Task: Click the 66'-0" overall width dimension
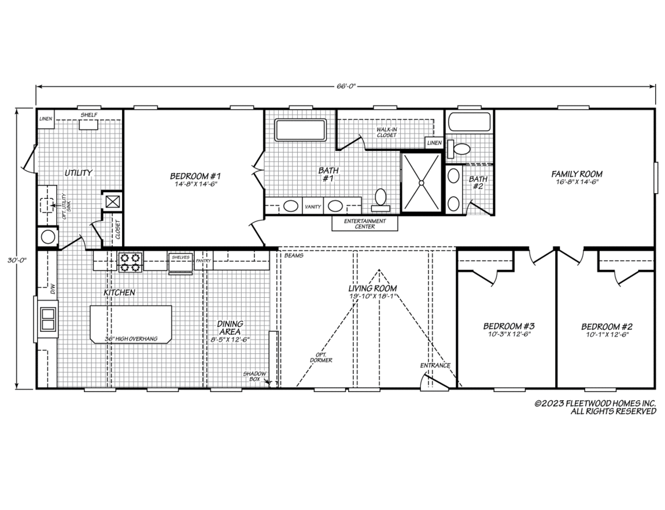click(x=345, y=87)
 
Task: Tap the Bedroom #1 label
click(x=195, y=176)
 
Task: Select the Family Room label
click(x=577, y=174)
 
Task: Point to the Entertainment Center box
click(x=365, y=223)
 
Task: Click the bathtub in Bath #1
click(x=300, y=130)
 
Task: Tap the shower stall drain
click(x=421, y=183)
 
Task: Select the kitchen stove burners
click(x=130, y=262)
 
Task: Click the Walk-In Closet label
click(x=386, y=132)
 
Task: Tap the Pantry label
click(x=203, y=261)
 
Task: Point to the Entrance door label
click(x=435, y=365)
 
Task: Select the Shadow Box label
click(x=254, y=376)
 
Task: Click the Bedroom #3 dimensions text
click(x=508, y=334)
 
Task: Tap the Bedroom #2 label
click(x=607, y=327)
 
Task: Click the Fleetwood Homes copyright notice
click(x=596, y=407)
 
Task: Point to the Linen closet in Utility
click(x=45, y=119)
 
